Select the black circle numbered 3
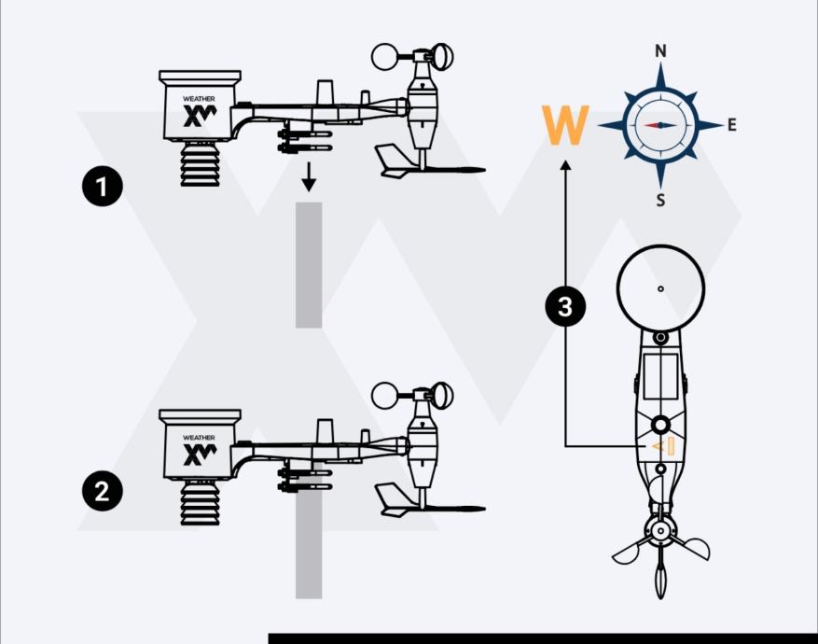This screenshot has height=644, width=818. pos(564,306)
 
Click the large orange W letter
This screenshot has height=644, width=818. pos(565,126)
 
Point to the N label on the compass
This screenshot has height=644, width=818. pos(660,51)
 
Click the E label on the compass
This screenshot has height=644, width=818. pos(731,125)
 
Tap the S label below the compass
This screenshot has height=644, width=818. pos(660,199)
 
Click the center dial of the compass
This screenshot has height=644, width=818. pos(660,125)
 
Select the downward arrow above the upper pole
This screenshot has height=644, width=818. pos(309,176)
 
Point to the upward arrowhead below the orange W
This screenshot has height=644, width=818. pos(565,166)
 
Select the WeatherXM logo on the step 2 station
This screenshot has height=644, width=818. pos(199,453)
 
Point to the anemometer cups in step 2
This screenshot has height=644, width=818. pos(410,396)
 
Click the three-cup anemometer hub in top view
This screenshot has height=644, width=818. pos(660,532)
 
